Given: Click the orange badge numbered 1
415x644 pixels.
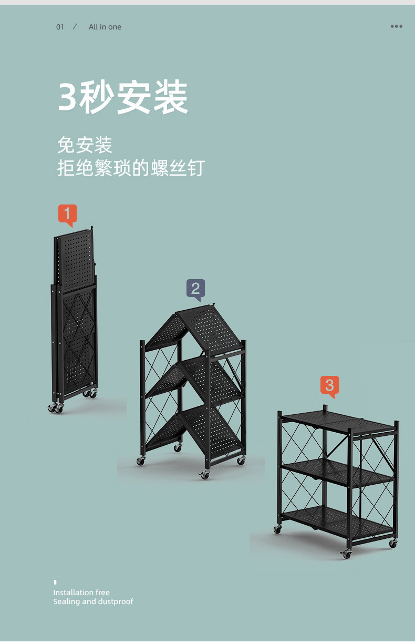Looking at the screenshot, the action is click(x=67, y=214).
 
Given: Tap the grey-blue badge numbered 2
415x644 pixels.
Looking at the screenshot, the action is click(x=195, y=289).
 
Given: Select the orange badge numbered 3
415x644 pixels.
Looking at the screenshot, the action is click(x=329, y=385).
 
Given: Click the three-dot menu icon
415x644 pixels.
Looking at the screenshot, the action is click(x=397, y=26).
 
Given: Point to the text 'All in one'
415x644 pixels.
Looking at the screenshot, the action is click(x=105, y=27).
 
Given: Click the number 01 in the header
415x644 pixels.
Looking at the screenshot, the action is click(x=60, y=27).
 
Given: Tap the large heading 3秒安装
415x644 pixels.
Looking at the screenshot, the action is click(x=123, y=97).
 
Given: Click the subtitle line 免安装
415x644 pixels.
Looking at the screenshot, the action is click(x=85, y=145).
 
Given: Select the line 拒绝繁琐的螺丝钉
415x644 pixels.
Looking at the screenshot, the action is click(x=131, y=168).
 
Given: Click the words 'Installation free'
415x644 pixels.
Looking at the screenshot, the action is click(x=81, y=592).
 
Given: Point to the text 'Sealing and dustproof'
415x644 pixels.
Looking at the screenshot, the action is click(x=93, y=601).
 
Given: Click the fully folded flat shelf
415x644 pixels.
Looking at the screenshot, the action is click(x=75, y=315).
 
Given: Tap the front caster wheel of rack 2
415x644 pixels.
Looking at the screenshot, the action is click(x=204, y=475).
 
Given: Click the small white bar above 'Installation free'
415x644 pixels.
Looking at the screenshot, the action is click(x=55, y=582).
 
